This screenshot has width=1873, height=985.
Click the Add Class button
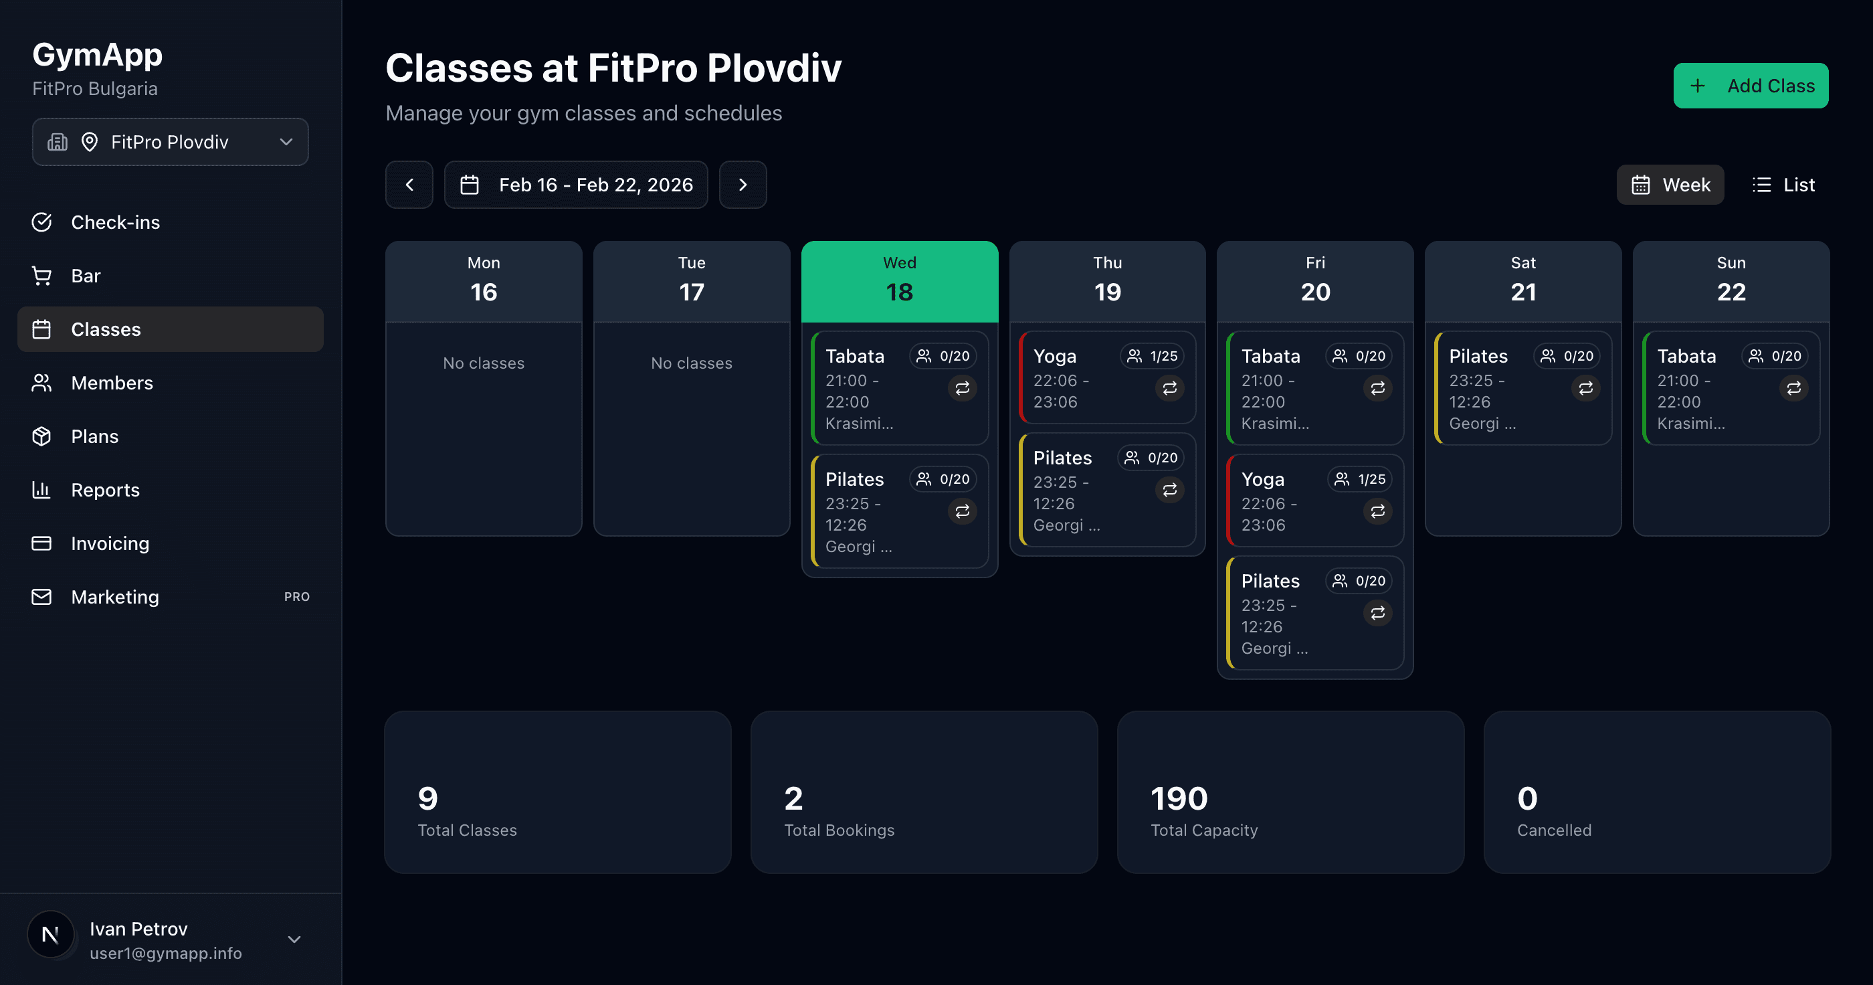click(x=1750, y=86)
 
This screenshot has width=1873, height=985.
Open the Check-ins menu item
click(x=115, y=223)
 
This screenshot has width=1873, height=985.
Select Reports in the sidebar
click(x=105, y=490)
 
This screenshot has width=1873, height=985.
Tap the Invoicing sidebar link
click(x=110, y=543)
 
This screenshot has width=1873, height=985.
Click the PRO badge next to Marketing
click(x=296, y=596)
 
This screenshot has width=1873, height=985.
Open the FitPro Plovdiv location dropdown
click(x=170, y=142)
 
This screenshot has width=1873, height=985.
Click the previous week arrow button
click(x=409, y=185)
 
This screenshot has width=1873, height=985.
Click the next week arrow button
click(x=743, y=185)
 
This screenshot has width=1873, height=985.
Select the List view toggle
click(x=1783, y=185)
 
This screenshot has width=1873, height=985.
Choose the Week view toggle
click(x=1670, y=185)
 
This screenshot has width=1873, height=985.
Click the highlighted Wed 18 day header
click(x=900, y=282)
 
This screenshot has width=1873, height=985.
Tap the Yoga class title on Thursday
click(x=1054, y=357)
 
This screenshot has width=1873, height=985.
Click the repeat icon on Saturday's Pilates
click(x=1585, y=387)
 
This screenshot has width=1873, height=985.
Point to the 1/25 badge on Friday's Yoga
click(x=1360, y=479)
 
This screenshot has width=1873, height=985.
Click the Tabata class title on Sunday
click(x=1686, y=357)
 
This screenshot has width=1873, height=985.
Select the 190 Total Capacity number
click(x=1179, y=799)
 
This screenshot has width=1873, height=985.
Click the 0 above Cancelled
click(x=1527, y=799)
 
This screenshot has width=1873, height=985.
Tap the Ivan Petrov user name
click(x=138, y=929)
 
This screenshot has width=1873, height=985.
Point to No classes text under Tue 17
click(x=692, y=363)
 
